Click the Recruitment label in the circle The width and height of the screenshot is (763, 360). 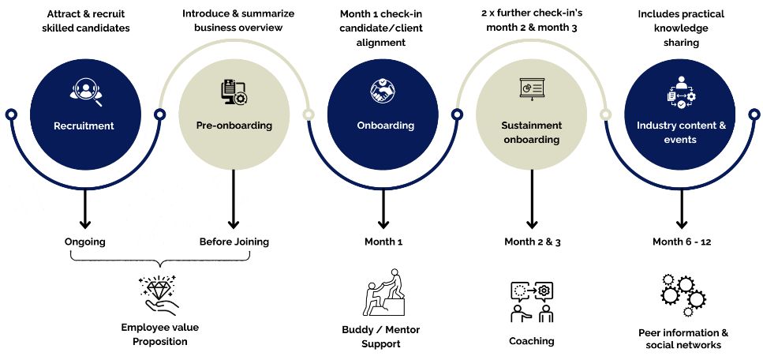point(84,126)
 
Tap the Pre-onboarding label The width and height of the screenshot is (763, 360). point(234,126)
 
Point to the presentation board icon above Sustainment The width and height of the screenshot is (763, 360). point(531,88)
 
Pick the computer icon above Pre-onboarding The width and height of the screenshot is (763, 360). point(234,92)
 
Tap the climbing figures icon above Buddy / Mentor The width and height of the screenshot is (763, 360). point(384,293)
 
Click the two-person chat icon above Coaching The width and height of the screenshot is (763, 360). point(531,301)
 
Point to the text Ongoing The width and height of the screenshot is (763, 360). point(84,242)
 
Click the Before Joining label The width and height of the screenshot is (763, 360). point(234,242)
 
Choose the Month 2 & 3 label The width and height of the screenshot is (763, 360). point(532,242)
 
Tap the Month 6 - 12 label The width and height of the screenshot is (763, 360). point(682,242)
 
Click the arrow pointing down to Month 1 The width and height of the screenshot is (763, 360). point(383,201)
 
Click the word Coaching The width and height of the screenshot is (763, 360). point(531,341)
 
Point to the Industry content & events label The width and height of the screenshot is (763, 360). point(681,133)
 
